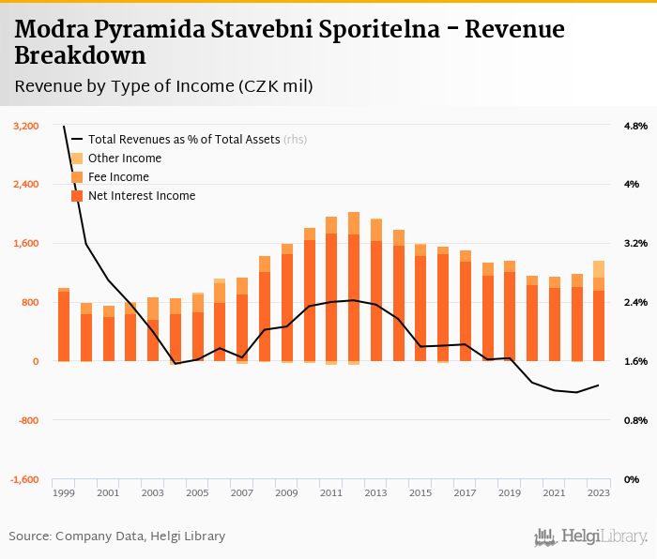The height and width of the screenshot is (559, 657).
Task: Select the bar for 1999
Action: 64,324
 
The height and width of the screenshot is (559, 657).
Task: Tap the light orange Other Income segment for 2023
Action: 598,269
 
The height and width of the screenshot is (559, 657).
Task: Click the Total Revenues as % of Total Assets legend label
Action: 183,140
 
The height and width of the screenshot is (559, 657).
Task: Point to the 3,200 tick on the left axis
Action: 26,126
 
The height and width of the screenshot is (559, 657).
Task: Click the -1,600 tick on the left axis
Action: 25,479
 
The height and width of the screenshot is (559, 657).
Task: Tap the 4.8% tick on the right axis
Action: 635,126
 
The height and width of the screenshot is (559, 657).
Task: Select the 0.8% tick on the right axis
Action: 635,420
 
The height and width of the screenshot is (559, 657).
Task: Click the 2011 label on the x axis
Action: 331,492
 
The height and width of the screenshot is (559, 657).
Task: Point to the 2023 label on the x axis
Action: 598,492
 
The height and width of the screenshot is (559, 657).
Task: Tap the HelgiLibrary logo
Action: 591,536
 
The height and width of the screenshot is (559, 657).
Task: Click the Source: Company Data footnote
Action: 117,536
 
